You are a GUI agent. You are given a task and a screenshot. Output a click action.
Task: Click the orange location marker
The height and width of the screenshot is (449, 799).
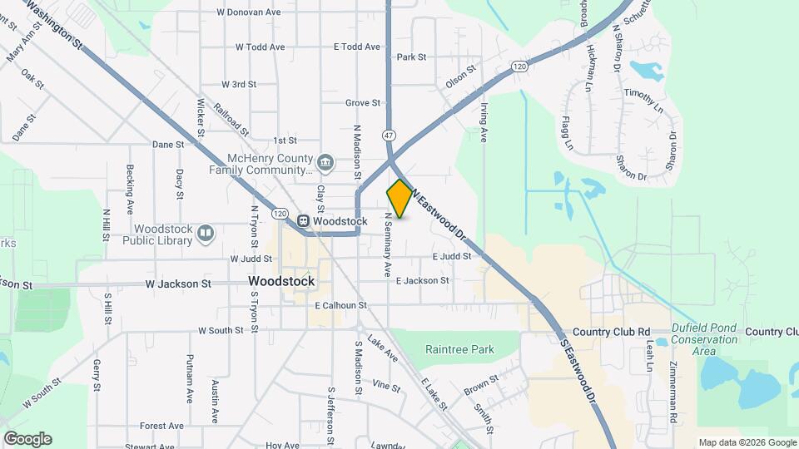click(399, 199)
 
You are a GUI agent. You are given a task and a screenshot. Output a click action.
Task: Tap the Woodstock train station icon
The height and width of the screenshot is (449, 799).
click(304, 221)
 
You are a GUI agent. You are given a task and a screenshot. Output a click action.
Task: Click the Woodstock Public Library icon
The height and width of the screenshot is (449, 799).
click(206, 234)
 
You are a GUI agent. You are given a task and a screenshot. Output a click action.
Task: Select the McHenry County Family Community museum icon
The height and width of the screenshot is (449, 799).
click(325, 160)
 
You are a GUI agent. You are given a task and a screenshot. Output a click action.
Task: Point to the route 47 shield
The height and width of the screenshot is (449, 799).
click(389, 134)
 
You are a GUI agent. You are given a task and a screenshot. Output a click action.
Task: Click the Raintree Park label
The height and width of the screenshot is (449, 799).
click(460, 350)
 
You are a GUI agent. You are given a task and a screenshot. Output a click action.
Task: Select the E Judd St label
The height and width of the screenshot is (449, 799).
click(452, 257)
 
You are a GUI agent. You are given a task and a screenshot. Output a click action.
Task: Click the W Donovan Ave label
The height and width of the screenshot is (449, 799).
click(248, 12)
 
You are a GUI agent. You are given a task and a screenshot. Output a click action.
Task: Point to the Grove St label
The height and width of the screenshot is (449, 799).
click(363, 103)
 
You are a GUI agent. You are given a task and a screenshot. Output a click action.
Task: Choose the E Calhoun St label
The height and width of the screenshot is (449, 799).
click(341, 305)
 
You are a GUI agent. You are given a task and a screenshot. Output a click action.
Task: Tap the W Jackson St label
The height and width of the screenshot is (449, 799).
click(177, 284)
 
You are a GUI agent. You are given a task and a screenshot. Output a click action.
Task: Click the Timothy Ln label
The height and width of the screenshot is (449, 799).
click(646, 101)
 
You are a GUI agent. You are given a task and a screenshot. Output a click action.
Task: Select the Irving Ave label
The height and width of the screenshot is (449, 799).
click(484, 122)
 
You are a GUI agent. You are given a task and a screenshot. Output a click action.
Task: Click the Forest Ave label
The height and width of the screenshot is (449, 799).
click(161, 426)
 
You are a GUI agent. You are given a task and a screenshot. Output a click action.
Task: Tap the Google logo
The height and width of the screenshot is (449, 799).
click(27, 439)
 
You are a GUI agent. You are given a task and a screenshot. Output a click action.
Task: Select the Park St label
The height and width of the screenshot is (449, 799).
click(411, 57)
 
